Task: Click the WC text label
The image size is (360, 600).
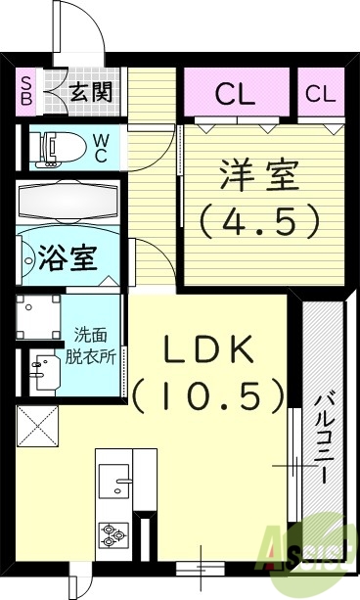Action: click(101, 147)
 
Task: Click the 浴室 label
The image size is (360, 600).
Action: click(67, 260)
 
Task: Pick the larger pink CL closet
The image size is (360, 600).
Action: click(236, 94)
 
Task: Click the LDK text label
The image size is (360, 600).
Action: click(208, 349)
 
